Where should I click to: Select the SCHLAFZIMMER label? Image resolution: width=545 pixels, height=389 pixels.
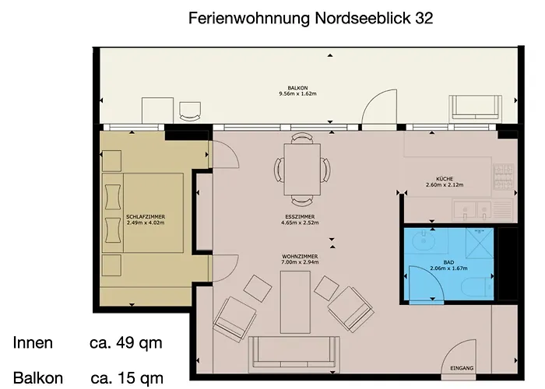point(146,216)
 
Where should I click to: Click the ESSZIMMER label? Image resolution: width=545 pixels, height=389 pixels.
point(300,216)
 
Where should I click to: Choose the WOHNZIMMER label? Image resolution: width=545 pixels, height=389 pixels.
point(300,255)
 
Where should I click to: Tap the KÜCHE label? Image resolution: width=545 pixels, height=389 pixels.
point(445,178)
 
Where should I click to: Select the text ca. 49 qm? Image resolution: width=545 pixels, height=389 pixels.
point(126,343)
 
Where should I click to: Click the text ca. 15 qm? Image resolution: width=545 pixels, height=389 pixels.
point(127,378)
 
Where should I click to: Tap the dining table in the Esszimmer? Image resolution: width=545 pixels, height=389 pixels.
point(301,167)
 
